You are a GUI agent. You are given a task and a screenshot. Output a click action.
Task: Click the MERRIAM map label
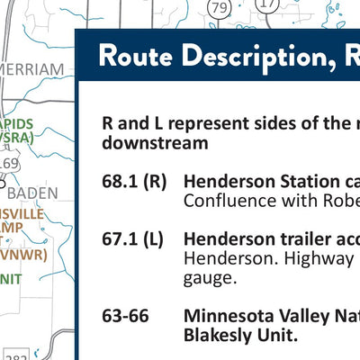(x=33, y=68)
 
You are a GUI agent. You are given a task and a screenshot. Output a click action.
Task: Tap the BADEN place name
(x=34, y=193)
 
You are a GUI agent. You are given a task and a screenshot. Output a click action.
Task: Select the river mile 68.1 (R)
(x=134, y=181)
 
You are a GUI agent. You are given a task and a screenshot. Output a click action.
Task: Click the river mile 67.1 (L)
(x=133, y=238)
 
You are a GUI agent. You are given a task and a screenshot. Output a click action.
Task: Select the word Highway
(x=308, y=258)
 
